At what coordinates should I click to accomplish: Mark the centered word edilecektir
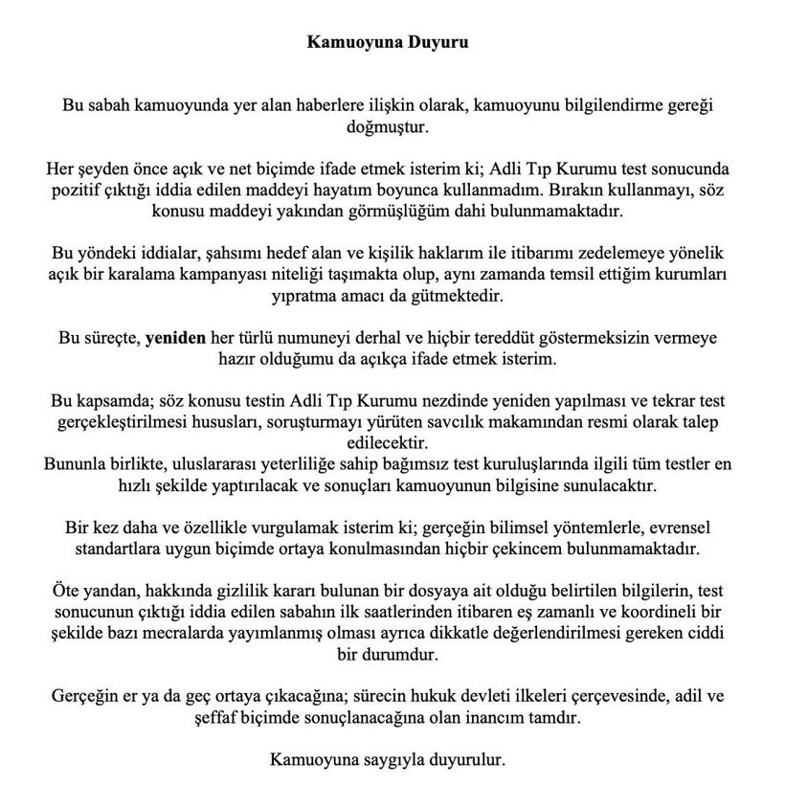tap(392, 444)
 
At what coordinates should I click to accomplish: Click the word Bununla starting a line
tap(76, 464)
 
